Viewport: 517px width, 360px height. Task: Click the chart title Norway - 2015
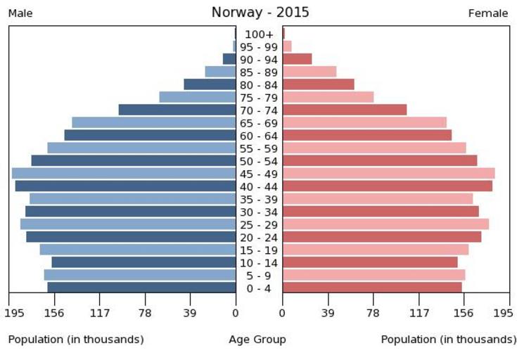tap(260, 13)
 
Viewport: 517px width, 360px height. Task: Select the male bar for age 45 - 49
tap(124, 173)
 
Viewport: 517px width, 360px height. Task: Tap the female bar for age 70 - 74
tap(345, 110)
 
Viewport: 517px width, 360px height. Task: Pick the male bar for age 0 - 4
tap(141, 287)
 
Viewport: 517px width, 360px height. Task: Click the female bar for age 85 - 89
tap(309, 72)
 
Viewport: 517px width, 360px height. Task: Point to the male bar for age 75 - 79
tap(198, 97)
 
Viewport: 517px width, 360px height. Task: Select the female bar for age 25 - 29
tap(385, 224)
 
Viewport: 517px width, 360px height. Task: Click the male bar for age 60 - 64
tap(150, 135)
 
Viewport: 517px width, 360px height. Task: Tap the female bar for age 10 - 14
tap(370, 262)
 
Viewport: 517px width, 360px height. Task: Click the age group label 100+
tap(259, 34)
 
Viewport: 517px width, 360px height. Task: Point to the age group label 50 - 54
tap(259, 161)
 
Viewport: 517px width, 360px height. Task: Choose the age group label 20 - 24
tap(259, 237)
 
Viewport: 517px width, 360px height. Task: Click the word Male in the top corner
tap(20, 13)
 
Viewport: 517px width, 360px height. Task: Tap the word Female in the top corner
tap(487, 13)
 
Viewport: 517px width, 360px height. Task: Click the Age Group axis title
tap(257, 340)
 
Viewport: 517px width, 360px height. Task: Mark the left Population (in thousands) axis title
tap(76, 340)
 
